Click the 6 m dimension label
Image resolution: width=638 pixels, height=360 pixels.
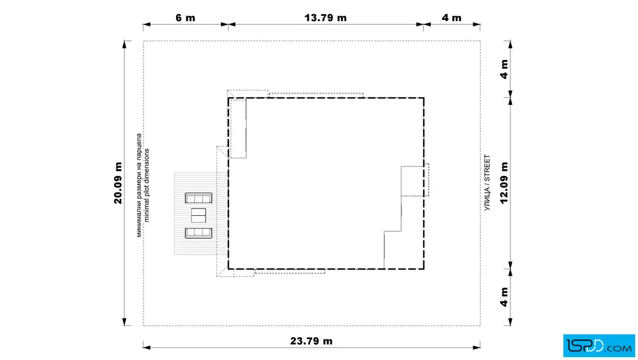[185, 18]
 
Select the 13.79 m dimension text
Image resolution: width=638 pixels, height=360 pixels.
[325, 18]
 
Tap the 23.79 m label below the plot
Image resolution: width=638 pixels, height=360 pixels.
[311, 341]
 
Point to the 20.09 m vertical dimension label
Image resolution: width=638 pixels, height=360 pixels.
[118, 183]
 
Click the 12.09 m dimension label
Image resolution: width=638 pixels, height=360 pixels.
[504, 183]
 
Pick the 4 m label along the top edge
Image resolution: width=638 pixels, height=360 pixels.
[452, 18]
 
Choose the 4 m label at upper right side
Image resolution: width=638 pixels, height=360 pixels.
[504, 69]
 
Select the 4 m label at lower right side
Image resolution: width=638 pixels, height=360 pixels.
[504, 297]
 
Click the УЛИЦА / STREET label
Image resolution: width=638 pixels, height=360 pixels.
[487, 183]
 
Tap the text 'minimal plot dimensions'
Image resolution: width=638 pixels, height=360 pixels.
[146, 185]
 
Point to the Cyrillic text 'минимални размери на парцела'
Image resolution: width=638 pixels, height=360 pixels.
[139, 185]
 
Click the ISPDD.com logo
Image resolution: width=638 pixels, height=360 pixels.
[599, 346]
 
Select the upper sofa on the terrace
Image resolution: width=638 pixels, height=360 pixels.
[199, 198]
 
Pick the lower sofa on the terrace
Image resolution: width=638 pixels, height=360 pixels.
[199, 233]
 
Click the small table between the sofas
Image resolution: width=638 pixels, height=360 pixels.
[199, 215]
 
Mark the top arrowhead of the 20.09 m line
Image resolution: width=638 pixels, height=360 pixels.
[125, 44]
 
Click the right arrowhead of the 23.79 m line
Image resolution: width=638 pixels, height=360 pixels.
[476, 347]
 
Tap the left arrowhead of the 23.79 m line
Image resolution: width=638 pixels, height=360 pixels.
[147, 347]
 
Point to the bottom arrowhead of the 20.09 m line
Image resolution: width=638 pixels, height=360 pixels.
[125, 322]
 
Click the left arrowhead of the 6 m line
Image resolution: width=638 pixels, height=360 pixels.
[147, 24]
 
